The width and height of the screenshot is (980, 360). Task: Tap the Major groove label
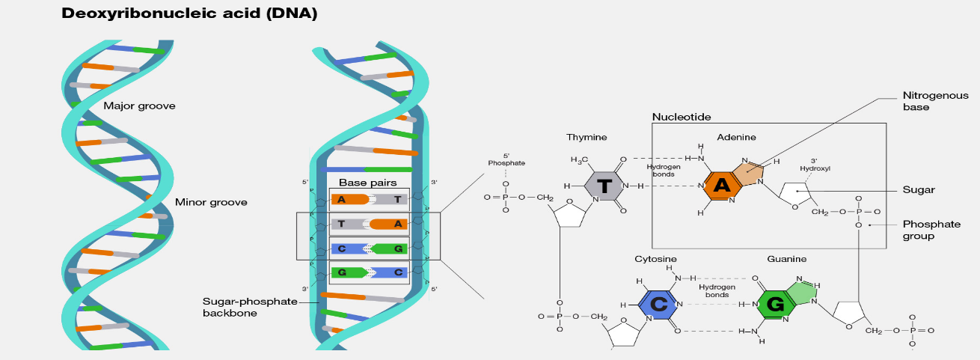point(139,106)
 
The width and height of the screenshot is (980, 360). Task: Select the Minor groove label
point(211,202)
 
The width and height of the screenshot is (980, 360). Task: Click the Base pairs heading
point(368,182)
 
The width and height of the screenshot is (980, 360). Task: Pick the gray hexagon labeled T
point(604,186)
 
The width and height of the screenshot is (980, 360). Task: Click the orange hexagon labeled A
point(722,186)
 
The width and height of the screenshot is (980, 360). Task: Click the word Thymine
point(587,137)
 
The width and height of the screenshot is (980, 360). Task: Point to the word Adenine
point(736,137)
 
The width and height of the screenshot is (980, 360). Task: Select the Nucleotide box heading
point(681,117)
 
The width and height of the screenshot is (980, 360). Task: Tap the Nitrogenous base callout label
point(936,101)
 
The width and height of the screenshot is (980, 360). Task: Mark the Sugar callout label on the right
point(919,190)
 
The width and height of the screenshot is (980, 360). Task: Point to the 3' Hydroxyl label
point(815,164)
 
